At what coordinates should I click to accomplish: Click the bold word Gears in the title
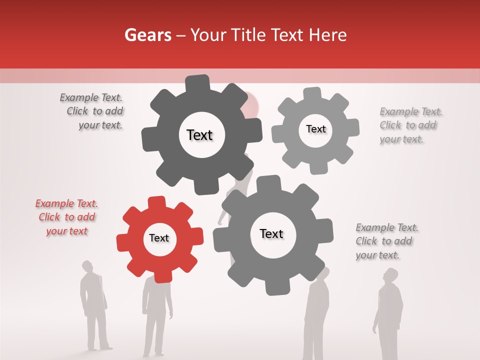[x=147, y=35]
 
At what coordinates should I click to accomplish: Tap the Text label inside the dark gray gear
[x=199, y=135]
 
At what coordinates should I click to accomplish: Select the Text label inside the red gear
[x=159, y=238]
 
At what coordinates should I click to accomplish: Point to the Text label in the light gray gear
[x=315, y=129]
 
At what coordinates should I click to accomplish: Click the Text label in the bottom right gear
[x=271, y=234]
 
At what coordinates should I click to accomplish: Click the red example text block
[x=66, y=217]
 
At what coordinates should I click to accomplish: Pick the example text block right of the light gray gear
[x=410, y=125]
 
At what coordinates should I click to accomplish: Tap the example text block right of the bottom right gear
[x=386, y=241]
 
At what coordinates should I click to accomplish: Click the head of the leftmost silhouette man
[x=87, y=266]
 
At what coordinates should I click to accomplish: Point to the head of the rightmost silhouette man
[x=390, y=275]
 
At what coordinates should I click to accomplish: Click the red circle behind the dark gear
[x=252, y=103]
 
